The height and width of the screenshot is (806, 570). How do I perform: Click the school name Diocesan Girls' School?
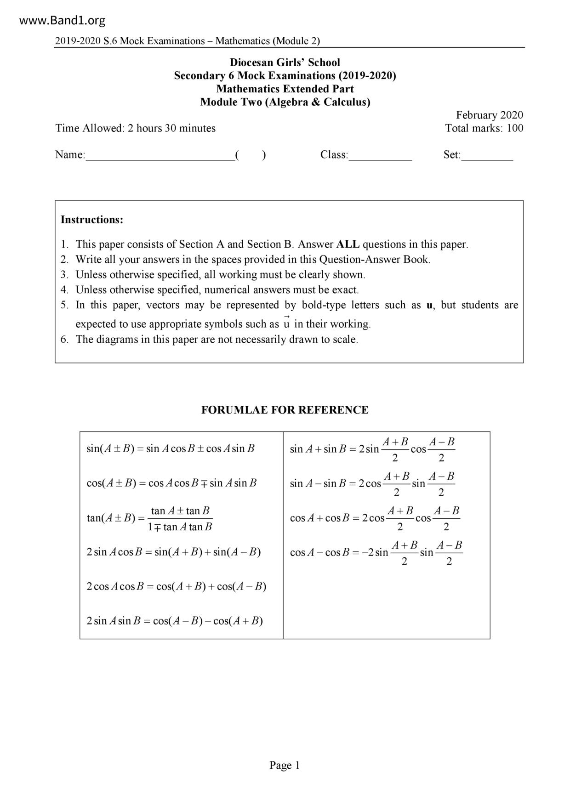pos(285,62)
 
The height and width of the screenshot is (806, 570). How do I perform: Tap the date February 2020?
pos(489,115)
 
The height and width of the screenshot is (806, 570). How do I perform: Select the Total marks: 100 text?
pos(484,128)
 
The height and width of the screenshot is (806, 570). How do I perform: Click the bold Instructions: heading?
pos(92,220)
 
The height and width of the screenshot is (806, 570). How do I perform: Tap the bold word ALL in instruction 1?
pos(348,244)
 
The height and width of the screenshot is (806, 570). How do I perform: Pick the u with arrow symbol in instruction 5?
pos(286,323)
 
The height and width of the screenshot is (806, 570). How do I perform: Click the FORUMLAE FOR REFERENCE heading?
pos(285,410)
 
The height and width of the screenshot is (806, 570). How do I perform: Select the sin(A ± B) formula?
pos(171,448)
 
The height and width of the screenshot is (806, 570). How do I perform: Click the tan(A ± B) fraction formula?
pos(150,518)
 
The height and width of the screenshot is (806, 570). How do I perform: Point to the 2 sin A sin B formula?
pos(175,621)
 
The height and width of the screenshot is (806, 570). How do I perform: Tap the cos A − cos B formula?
pos(376,553)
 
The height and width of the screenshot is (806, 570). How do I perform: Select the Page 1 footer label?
pos(285,765)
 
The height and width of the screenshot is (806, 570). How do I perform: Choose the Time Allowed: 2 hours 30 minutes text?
pos(136,128)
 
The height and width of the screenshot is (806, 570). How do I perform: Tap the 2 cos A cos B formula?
pos(177,586)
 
